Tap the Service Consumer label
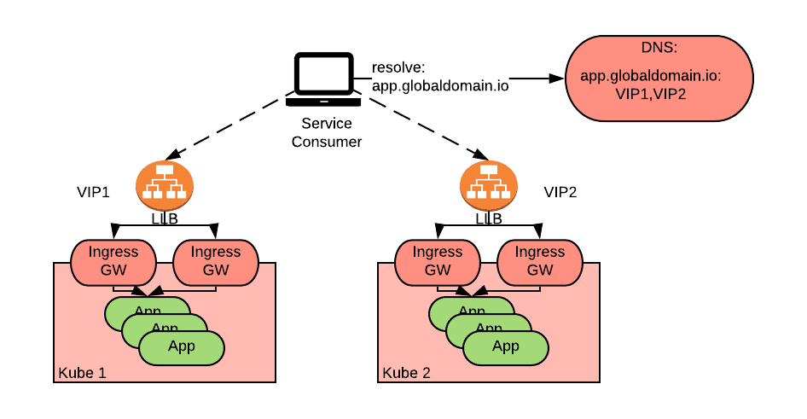click(x=327, y=133)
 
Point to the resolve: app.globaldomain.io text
click(x=440, y=77)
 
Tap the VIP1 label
click(x=93, y=192)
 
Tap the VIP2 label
click(x=560, y=192)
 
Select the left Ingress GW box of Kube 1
click(x=113, y=260)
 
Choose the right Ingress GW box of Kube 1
click(x=216, y=260)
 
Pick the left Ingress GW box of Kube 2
click(x=438, y=260)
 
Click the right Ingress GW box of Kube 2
click(x=540, y=260)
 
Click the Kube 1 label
click(x=82, y=373)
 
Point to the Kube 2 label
click(x=406, y=373)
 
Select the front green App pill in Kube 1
click(x=182, y=346)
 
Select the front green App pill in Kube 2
click(x=506, y=346)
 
